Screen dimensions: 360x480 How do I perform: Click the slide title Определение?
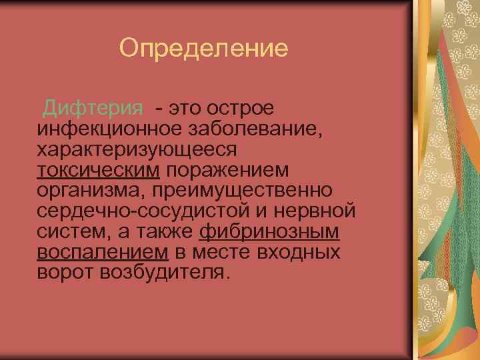pyautogui.click(x=203, y=48)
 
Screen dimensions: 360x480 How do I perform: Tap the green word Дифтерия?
pyautogui.click(x=93, y=107)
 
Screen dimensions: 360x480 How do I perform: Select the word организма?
pyautogui.click(x=94, y=191)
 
